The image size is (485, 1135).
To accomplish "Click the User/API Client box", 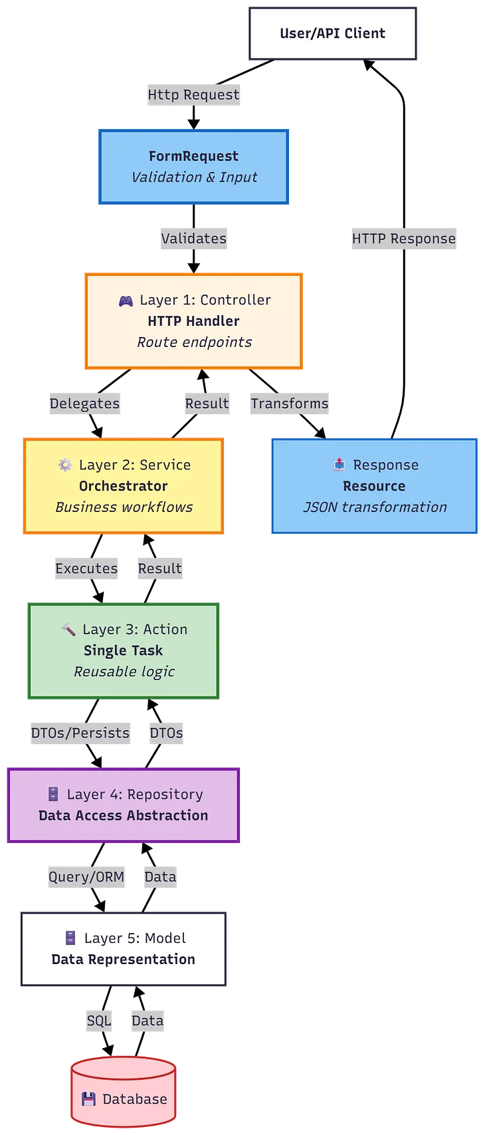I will pos(332,34).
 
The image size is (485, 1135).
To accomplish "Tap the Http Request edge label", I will pos(193,95).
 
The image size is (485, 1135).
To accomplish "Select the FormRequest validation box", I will pos(194,167).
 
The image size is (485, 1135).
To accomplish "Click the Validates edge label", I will pos(193,239).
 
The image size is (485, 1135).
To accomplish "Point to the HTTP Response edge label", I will pos(403,239).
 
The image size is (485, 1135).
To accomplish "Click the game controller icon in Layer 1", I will pos(126,301).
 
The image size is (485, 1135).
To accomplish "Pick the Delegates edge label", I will pos(84,404).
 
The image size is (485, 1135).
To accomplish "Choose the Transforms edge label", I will pos(289,404).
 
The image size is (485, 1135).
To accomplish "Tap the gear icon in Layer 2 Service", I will pos(65,465).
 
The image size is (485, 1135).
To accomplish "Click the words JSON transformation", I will pos(375,507).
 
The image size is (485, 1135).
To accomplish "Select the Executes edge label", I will pos(86,568).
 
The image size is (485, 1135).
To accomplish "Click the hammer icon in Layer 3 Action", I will pos(68,630).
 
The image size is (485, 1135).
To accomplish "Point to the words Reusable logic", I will pos(124,672).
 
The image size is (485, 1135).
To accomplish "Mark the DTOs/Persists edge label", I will pos(80,733).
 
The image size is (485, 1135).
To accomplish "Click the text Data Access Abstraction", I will pos(124,816).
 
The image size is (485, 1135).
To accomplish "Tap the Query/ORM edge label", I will pos(86,877).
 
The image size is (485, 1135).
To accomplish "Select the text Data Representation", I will pos(124,959).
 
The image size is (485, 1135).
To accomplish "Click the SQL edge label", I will pos(98,1021).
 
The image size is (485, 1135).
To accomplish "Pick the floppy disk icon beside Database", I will pos(88,1099).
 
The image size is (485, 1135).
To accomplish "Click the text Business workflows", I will pos(124,507).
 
